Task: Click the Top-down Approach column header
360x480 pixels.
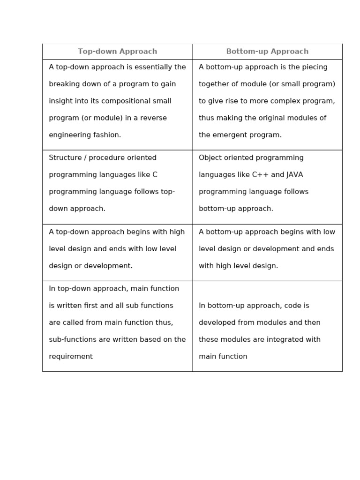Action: pos(117,52)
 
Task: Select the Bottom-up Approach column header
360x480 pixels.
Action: pos(267,52)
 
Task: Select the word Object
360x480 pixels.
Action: pos(210,157)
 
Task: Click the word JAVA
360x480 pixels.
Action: pos(295,174)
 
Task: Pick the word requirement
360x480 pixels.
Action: pos(71,356)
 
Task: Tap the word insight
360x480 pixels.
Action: pos(60,101)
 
